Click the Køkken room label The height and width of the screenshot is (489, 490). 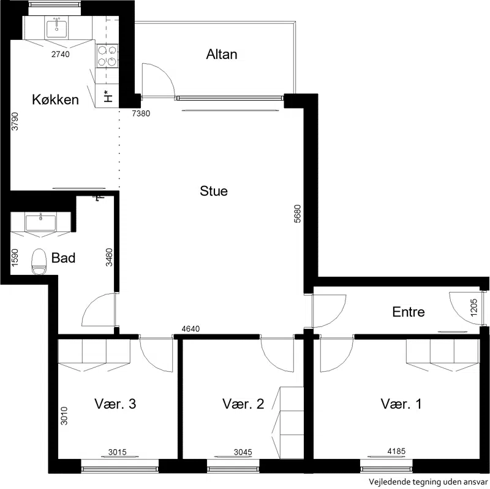[x=55, y=99]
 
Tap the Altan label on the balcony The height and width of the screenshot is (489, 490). [x=222, y=55]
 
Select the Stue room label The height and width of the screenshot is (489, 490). [x=214, y=191]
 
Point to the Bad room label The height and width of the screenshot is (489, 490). [x=63, y=258]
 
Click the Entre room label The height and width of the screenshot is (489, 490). [x=409, y=312]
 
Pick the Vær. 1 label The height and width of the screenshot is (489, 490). [x=401, y=404]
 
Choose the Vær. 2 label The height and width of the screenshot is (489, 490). [x=243, y=404]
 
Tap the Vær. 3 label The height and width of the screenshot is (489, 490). [x=115, y=404]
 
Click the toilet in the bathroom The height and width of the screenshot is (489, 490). [x=39, y=261]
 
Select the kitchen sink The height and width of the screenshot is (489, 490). [x=56, y=28]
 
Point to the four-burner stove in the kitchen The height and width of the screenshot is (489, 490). [x=107, y=56]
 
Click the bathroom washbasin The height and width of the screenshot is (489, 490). [x=40, y=223]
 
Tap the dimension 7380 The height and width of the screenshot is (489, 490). [x=141, y=114]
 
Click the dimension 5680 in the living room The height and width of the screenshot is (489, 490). [x=298, y=214]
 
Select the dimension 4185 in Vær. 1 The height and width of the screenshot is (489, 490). [x=396, y=451]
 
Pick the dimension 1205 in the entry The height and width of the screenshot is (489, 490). [x=473, y=307]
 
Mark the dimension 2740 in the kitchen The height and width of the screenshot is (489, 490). [x=60, y=54]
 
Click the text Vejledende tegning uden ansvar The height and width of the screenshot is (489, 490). [x=428, y=482]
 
